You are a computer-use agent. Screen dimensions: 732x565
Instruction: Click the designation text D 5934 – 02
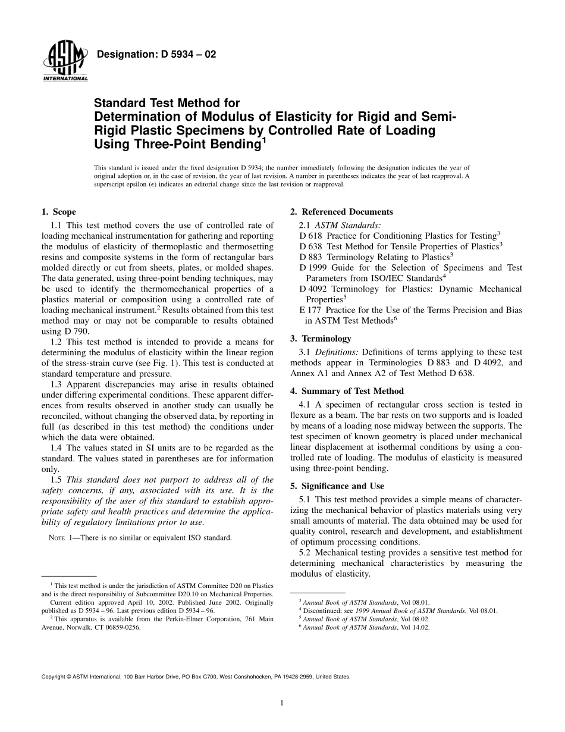click(x=156, y=55)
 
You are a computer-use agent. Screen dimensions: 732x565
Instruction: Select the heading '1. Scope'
click(x=58, y=212)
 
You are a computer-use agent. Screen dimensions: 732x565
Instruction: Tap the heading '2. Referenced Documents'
click(x=341, y=212)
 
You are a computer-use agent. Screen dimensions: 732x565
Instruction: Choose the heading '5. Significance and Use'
click(x=337, y=486)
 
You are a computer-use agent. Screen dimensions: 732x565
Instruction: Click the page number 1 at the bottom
click(x=282, y=703)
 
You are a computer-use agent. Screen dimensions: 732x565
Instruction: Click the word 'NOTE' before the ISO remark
click(x=57, y=538)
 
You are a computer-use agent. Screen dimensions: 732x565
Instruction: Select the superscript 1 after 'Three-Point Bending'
click(x=263, y=141)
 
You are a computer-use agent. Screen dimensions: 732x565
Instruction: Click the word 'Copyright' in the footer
click(x=54, y=677)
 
